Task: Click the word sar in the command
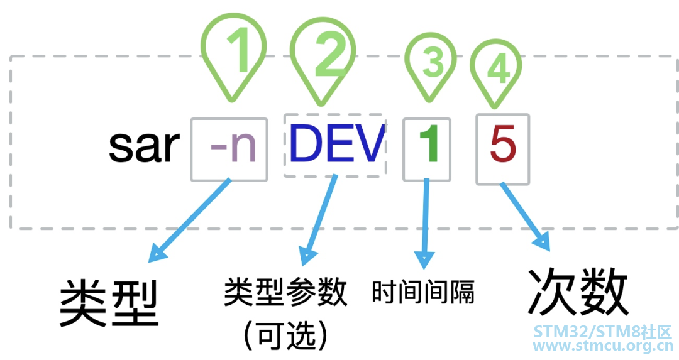click(144, 147)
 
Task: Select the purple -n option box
click(229, 150)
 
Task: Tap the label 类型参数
click(285, 292)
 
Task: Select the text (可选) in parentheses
click(285, 336)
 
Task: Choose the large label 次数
click(578, 292)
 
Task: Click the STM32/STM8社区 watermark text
click(603, 331)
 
